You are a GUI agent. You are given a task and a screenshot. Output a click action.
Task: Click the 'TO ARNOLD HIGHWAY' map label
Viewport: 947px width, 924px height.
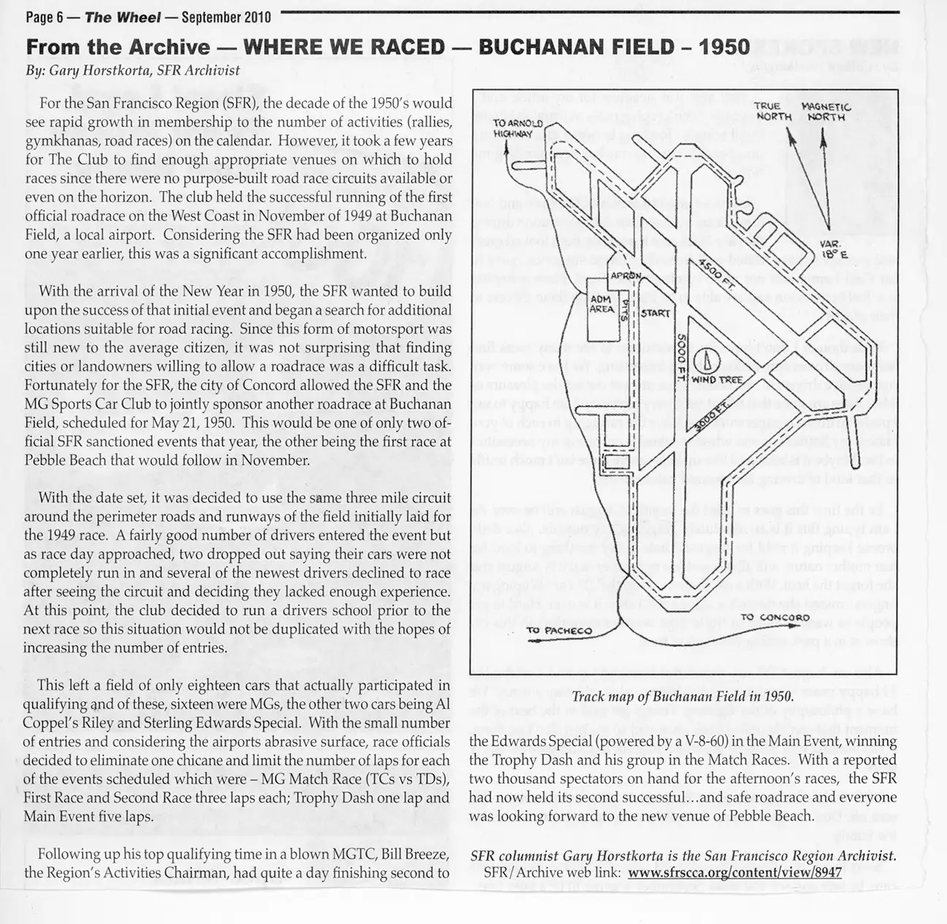tap(517, 128)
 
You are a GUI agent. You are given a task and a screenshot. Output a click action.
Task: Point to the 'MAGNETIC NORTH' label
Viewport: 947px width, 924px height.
tap(826, 111)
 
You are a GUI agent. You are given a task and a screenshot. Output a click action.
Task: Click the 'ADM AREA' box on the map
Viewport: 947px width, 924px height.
tap(602, 304)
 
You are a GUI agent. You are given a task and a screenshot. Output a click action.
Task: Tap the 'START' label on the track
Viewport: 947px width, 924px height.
tap(655, 314)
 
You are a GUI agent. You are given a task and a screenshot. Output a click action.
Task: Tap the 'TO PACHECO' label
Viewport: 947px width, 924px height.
tap(558, 631)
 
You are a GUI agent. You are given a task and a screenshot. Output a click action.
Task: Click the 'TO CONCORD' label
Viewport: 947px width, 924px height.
tap(775, 618)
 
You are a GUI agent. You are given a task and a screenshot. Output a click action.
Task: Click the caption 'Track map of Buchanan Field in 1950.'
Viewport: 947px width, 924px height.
tap(682, 697)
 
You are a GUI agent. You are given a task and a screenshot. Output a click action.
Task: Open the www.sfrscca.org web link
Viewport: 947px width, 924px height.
tap(734, 872)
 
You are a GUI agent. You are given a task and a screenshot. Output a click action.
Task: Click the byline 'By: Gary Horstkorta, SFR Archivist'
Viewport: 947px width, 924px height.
tap(132, 71)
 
